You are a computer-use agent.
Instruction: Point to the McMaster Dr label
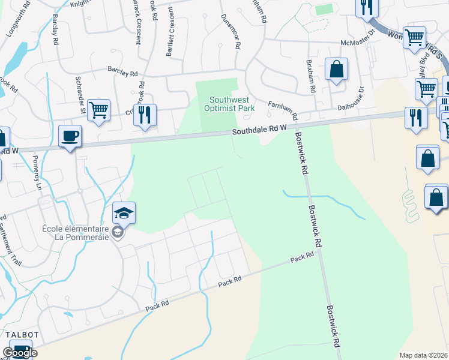(x=357, y=43)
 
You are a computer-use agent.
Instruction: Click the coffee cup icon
(x=70, y=136)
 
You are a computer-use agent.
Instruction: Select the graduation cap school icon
(x=124, y=212)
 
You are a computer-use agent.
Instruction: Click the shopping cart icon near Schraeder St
(x=98, y=110)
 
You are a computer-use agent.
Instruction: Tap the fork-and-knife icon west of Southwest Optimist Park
(x=145, y=115)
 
